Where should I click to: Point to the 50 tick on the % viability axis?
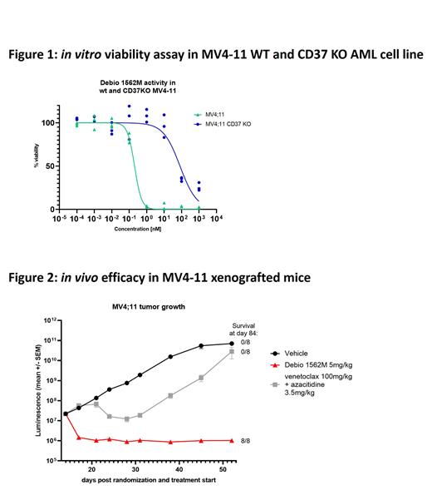[x=50, y=166]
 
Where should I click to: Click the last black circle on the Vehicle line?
[x=231, y=344]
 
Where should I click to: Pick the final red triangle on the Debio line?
[x=231, y=440]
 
